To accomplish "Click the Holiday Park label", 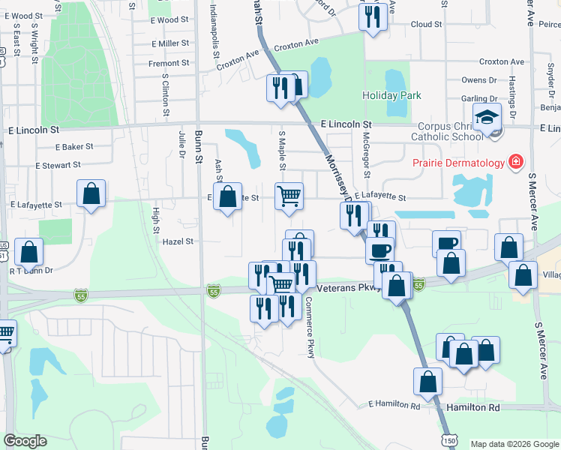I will pyautogui.click(x=391, y=95).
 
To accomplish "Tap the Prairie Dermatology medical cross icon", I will pyautogui.click(x=515, y=162).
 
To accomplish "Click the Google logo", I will pyautogui.click(x=25, y=441).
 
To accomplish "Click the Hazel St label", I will pyautogui.click(x=179, y=241).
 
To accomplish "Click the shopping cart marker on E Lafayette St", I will pyautogui.click(x=289, y=196).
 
